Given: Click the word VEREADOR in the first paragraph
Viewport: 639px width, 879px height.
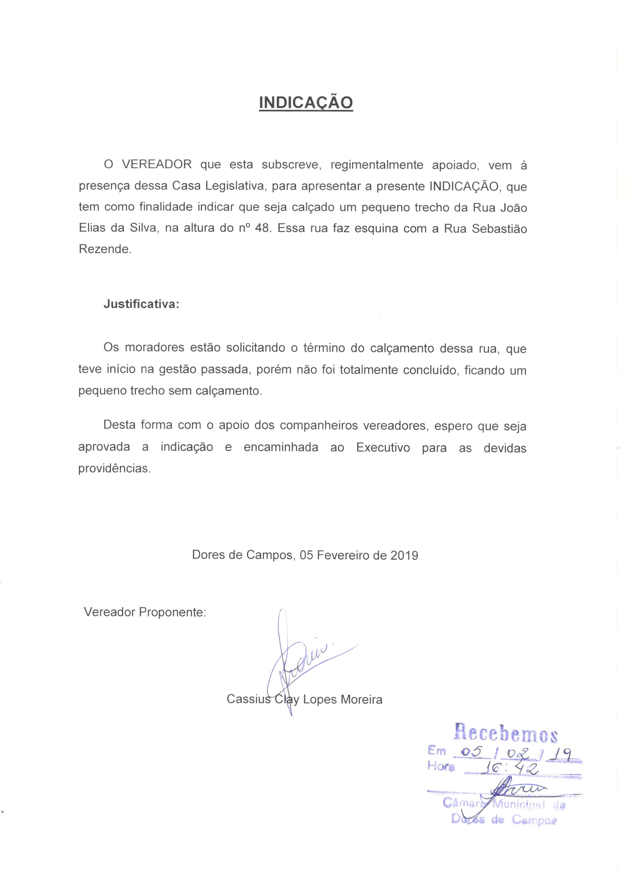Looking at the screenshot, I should click(157, 164).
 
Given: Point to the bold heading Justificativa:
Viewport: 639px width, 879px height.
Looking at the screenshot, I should click(141, 304).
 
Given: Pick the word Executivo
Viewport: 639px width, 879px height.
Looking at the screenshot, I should click(383, 447).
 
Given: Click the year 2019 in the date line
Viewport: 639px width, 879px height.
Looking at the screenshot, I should click(404, 555).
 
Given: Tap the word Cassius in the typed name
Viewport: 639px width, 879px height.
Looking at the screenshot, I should click(248, 699).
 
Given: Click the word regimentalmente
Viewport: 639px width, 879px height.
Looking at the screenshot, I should click(376, 164).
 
